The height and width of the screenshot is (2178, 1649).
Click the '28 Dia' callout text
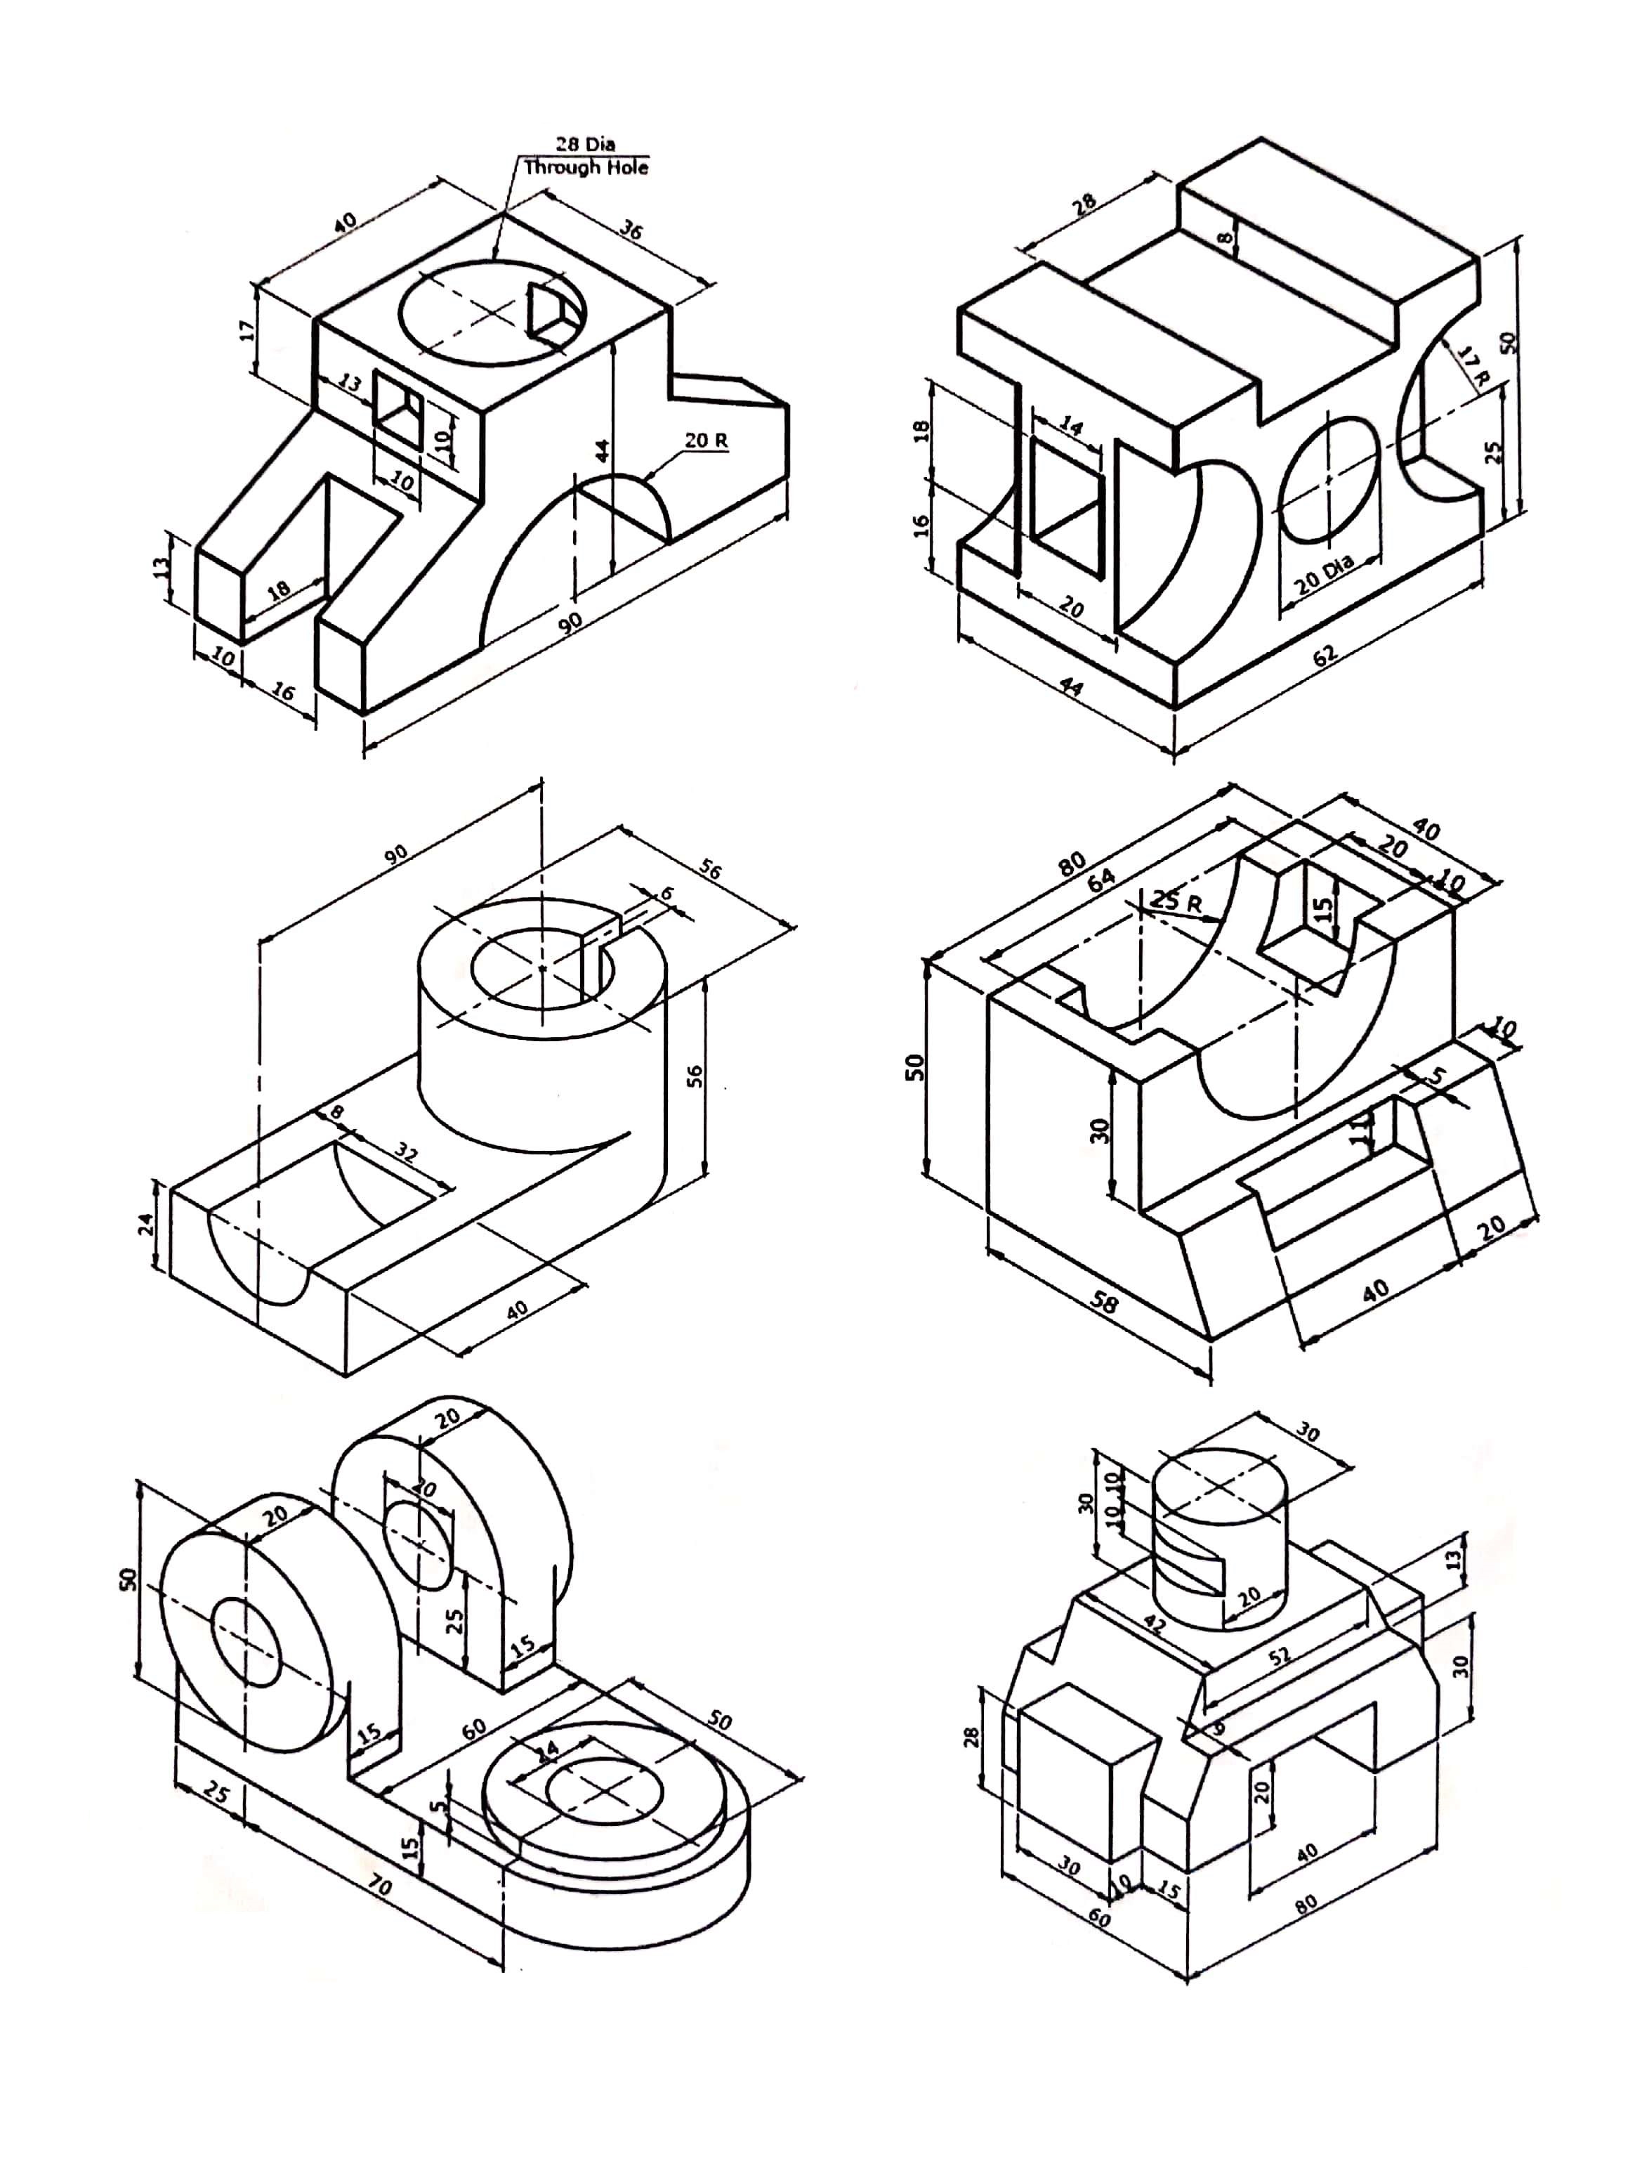point(585,145)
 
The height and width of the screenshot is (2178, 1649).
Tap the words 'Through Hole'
point(586,167)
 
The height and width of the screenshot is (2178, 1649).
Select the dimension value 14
point(1070,424)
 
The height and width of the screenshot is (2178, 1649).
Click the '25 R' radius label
point(1176,900)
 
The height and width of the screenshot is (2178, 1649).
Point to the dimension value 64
point(1101,875)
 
